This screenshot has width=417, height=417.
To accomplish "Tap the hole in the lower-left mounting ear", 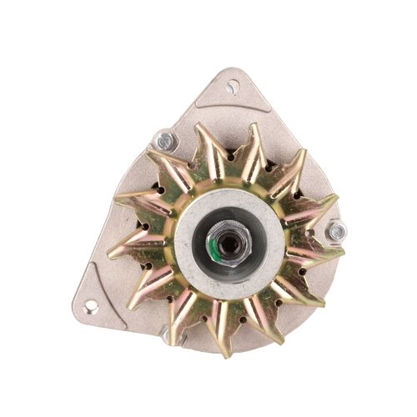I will pyautogui.click(x=91, y=308).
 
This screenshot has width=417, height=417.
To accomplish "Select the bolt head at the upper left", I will pyautogui.click(x=163, y=141).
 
